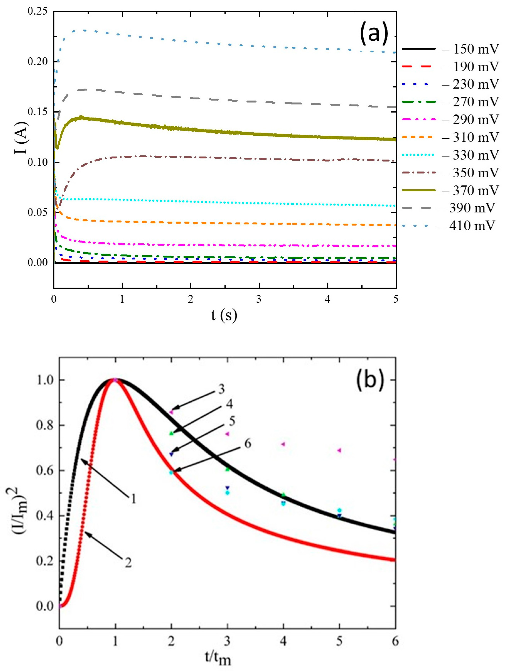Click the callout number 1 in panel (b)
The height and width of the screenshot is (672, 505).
tap(133, 499)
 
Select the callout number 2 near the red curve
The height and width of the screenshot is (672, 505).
tap(128, 563)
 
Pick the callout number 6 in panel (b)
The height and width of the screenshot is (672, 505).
tap(248, 444)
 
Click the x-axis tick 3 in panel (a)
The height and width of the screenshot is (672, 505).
tap(259, 299)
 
